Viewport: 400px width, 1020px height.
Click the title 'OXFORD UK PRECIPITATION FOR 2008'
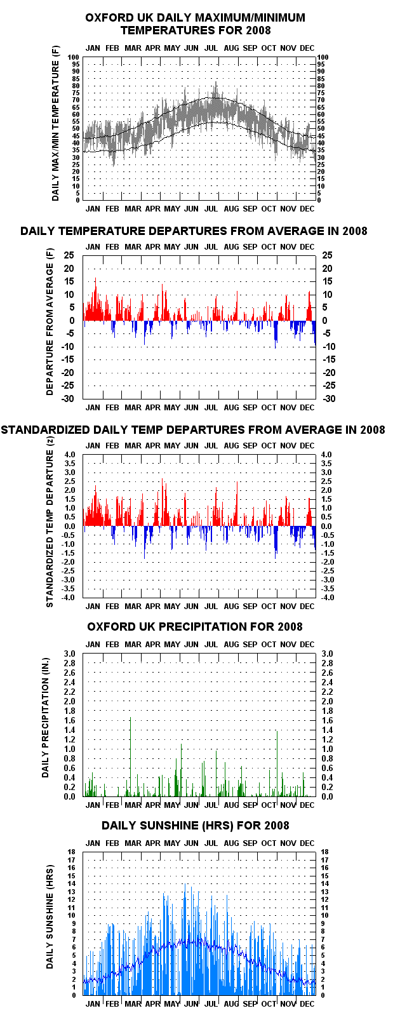195,627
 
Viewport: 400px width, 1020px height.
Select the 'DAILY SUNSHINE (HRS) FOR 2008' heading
195,826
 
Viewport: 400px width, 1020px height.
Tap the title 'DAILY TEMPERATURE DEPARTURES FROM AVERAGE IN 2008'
194,231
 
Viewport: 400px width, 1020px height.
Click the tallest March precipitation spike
131,757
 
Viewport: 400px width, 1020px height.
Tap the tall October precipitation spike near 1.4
277,763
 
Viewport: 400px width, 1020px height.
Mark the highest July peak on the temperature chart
216,82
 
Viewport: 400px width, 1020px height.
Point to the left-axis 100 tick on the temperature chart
74,57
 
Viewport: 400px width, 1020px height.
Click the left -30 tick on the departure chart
69,398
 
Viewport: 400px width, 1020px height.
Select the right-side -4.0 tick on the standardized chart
326,598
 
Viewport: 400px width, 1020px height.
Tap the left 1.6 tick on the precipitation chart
70,720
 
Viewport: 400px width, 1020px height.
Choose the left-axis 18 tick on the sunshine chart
72,852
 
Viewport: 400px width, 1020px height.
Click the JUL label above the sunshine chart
211,843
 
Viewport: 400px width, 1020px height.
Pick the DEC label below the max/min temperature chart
307,208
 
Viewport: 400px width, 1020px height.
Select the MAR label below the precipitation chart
133,805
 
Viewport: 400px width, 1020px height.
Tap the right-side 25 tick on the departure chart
327,255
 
